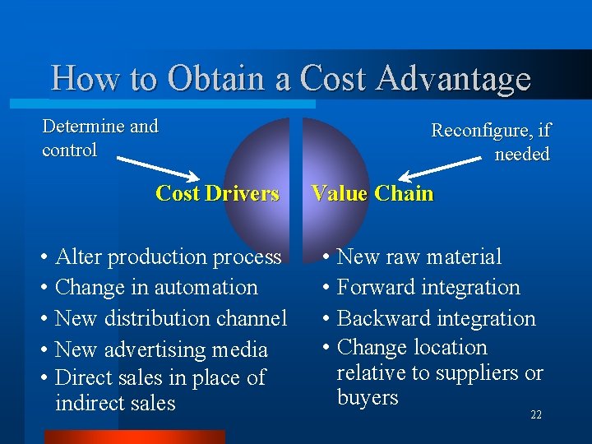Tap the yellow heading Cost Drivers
click(x=217, y=193)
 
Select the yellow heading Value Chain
click(x=372, y=193)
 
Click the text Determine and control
click(x=99, y=138)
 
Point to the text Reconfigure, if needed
click(x=492, y=142)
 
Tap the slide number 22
click(x=536, y=415)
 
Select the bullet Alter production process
click(x=168, y=257)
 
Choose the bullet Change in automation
click(x=156, y=288)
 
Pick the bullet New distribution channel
click(x=171, y=318)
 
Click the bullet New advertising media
click(x=161, y=349)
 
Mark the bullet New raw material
click(x=419, y=257)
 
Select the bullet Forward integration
click(x=428, y=288)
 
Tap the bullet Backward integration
click(x=436, y=318)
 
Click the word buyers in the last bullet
click(x=368, y=398)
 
